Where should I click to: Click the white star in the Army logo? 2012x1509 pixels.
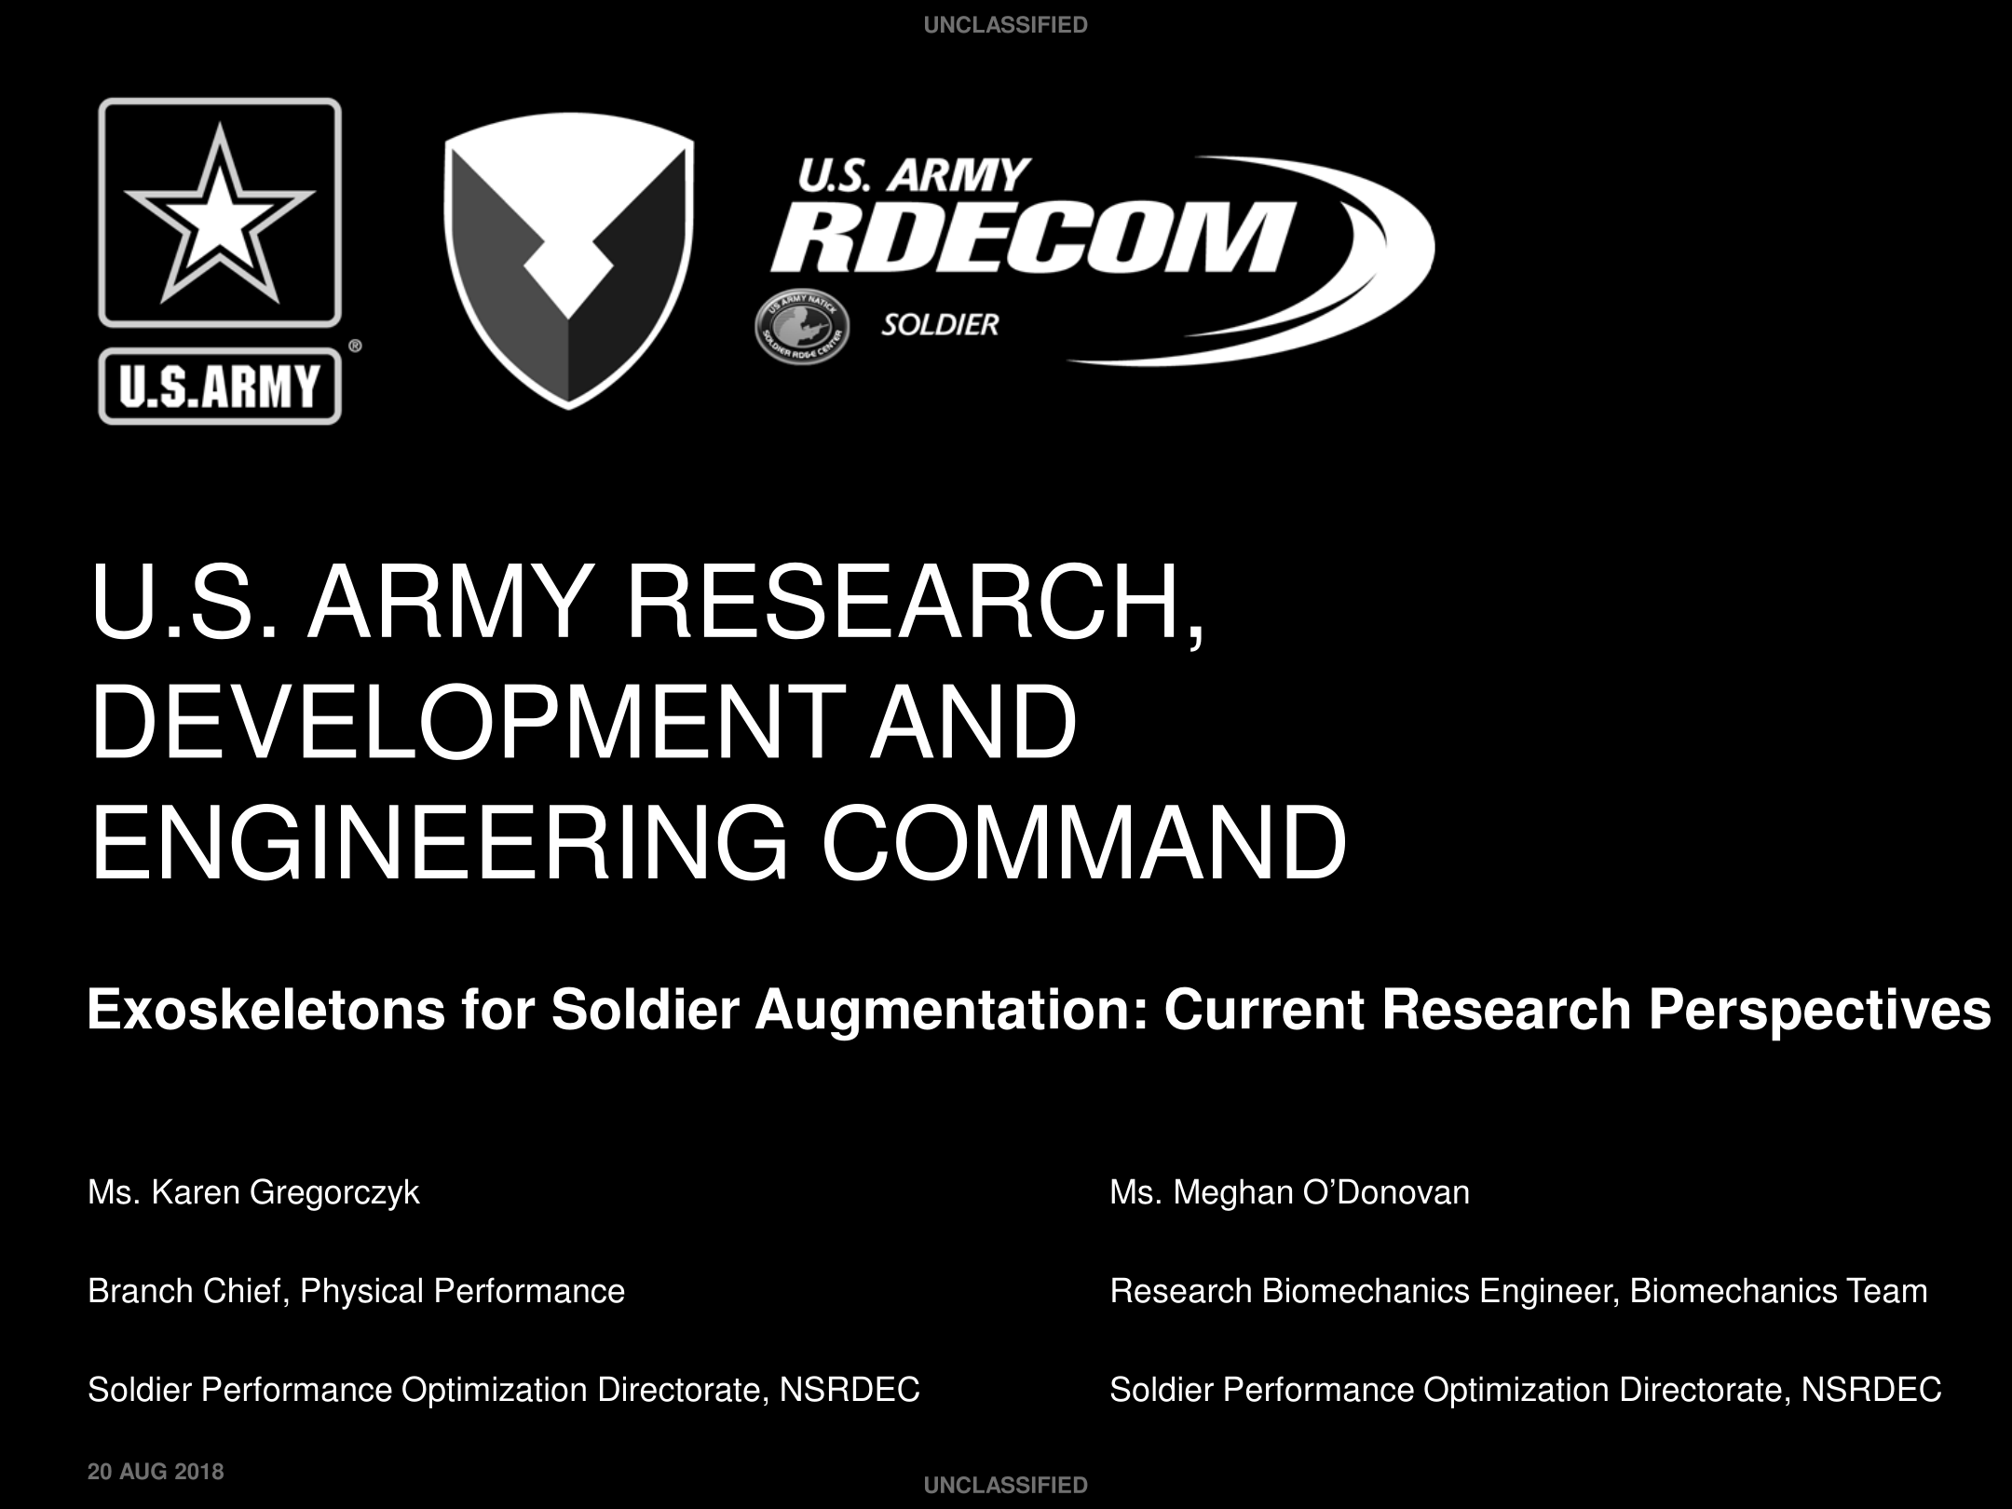click(x=220, y=216)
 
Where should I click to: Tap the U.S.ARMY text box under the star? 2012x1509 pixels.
click(x=220, y=386)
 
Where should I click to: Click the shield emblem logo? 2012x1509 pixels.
click(x=568, y=261)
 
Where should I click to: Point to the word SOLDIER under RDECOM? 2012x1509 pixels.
click(x=940, y=325)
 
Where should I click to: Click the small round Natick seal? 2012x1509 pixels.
click(x=801, y=330)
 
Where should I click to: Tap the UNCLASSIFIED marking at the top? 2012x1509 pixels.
click(x=1006, y=25)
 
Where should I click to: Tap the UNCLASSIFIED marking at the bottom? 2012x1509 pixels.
click(x=1006, y=1486)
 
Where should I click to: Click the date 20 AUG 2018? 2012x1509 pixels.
click(x=156, y=1472)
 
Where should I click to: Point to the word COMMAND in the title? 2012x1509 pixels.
click(x=1083, y=842)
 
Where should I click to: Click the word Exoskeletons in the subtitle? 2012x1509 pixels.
click(x=266, y=1010)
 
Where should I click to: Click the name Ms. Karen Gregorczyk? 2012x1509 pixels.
click(x=253, y=1193)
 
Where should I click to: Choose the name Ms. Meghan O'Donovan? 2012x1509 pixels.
click(x=1290, y=1192)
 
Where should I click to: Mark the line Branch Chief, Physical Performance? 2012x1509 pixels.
click(x=356, y=1292)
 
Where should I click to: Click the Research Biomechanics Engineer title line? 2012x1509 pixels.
click(x=1518, y=1292)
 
